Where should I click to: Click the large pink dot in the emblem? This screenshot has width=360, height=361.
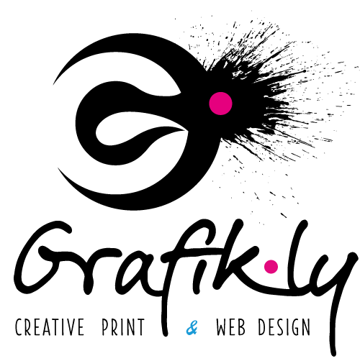click(x=220, y=104)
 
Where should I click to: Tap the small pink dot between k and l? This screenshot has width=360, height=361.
click(x=271, y=266)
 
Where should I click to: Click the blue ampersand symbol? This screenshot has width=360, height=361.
click(x=192, y=327)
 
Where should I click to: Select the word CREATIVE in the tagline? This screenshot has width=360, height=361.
click(x=50, y=326)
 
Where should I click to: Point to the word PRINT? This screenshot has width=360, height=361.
click(x=123, y=326)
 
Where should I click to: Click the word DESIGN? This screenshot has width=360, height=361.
click(x=284, y=326)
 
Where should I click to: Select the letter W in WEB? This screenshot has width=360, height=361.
click(x=222, y=326)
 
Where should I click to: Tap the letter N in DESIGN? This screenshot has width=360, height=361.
click(x=305, y=326)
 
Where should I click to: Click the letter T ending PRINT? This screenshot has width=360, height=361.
click(x=140, y=326)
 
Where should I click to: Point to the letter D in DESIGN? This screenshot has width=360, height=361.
click(x=262, y=326)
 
